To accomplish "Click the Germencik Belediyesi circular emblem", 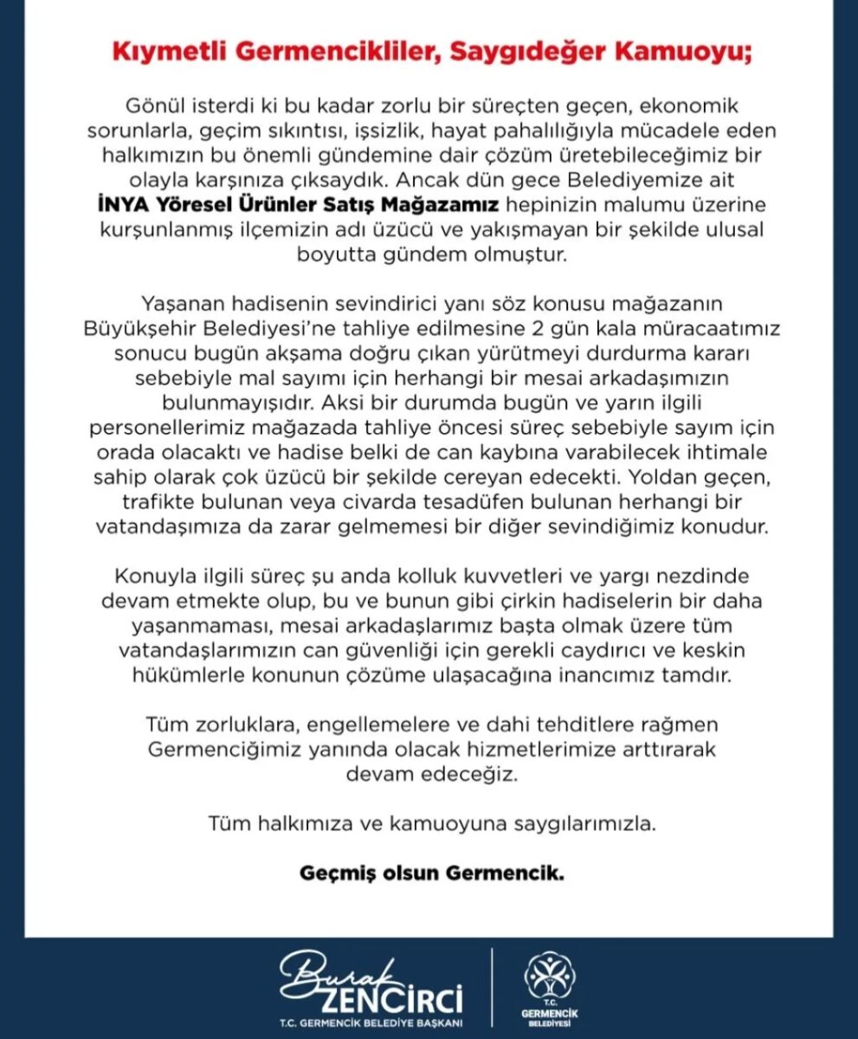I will click(x=550, y=977).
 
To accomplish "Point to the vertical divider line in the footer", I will click(x=492, y=987).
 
